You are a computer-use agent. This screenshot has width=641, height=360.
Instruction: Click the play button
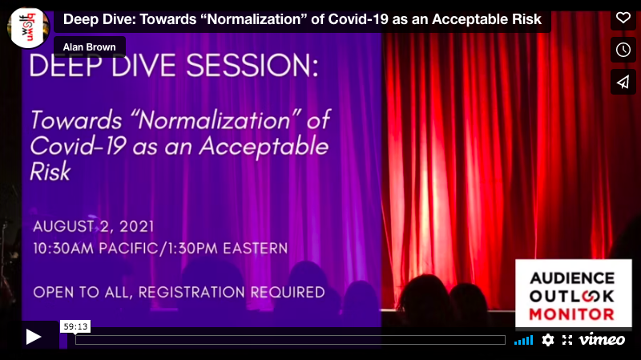point(34,338)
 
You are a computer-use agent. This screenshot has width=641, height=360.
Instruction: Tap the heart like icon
point(623,18)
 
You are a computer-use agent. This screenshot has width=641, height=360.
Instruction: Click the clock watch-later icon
point(623,50)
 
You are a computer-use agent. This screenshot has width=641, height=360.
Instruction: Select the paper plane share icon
point(623,82)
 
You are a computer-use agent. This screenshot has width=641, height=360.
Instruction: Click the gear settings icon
point(548,340)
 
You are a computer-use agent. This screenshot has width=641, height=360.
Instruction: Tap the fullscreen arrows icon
point(567,340)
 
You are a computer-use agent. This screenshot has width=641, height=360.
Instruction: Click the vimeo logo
point(602,339)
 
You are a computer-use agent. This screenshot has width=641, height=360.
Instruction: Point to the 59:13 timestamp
point(74,326)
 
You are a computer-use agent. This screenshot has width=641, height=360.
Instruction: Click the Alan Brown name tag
point(90,47)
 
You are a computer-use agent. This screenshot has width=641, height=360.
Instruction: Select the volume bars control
point(523,340)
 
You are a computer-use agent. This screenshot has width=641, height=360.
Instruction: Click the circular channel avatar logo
point(28,26)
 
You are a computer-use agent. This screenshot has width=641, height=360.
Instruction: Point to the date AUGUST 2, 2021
point(94,225)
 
